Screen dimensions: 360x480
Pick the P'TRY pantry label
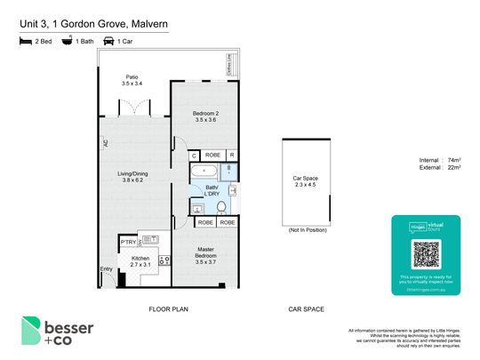point(127,240)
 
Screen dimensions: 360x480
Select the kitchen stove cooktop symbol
point(164,260)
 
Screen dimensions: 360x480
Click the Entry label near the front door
point(107,270)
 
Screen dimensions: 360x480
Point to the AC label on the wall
point(105,142)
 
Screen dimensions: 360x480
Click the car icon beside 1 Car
point(109,41)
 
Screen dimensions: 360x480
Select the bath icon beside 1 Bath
point(66,41)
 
